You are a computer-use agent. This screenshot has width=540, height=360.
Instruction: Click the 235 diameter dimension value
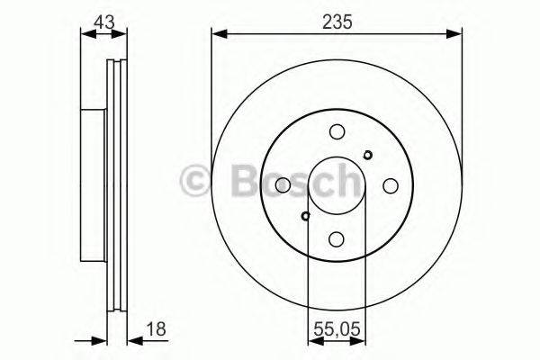(337, 18)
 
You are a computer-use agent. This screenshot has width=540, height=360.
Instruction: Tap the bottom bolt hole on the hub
(337, 238)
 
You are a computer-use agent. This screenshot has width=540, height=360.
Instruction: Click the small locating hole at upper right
(367, 154)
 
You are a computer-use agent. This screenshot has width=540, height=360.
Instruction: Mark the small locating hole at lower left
(306, 215)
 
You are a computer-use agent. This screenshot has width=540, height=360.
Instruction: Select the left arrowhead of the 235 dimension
(217, 34)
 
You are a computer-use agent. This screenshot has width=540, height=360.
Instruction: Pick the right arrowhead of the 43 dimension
(123, 34)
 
